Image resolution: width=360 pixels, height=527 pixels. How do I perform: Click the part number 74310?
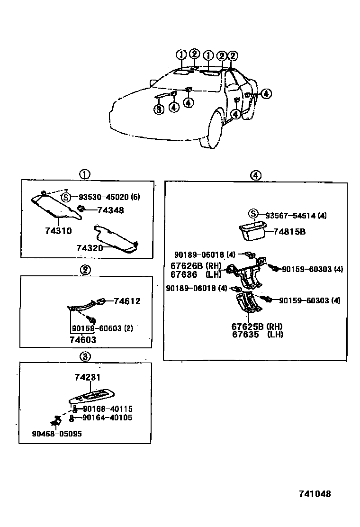pos(58,231)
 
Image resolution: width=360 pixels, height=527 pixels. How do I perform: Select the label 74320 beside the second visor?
pos(90,248)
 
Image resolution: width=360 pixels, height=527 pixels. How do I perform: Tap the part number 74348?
pos(110,210)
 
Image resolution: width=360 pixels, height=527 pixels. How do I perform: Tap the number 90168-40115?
pos(107,409)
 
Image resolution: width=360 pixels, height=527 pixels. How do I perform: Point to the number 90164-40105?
pos(107,418)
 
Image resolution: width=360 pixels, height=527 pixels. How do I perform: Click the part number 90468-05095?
pos(57,434)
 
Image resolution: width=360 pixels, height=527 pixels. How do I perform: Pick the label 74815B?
pos(288,232)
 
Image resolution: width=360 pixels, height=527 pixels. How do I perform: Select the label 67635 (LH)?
pos(257,334)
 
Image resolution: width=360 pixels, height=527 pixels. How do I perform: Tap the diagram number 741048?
pos(314,494)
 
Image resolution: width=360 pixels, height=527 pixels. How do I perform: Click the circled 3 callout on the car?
pos(159,109)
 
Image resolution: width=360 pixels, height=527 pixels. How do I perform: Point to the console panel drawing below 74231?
pos(95,396)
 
